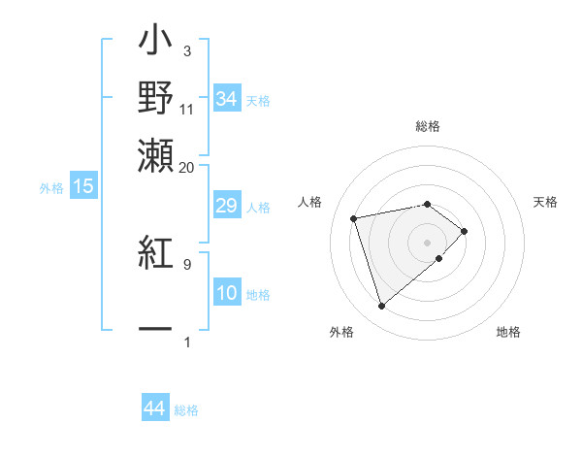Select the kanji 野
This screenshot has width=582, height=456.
click(155, 99)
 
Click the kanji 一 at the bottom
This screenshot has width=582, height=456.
click(155, 330)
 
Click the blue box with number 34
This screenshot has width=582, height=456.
click(226, 99)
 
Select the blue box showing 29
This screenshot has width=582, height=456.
click(226, 207)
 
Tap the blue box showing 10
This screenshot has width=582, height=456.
click(226, 294)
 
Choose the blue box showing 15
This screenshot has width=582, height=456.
click(82, 186)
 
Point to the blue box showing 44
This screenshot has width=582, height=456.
click(154, 409)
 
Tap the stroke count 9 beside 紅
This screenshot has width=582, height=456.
click(187, 263)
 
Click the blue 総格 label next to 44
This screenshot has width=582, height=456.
click(186, 410)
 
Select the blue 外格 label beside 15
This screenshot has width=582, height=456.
click(50, 188)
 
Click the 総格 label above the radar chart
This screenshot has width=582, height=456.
click(427, 127)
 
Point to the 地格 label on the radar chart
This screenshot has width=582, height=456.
click(508, 333)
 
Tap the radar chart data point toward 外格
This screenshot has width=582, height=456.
click(381, 307)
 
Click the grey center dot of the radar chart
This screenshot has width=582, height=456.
click(427, 242)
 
